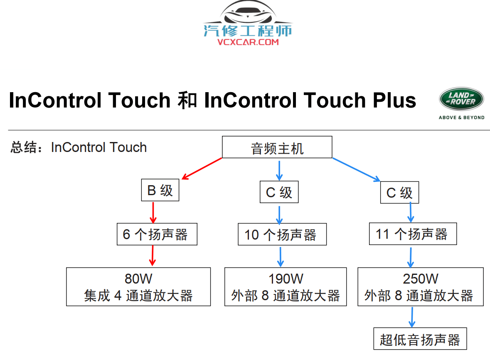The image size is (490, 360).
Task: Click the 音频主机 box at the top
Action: point(277,147)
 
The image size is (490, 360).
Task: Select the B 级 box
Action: point(160,191)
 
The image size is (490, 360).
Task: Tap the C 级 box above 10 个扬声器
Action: point(279,192)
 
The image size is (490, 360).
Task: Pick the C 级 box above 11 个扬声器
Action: point(399,193)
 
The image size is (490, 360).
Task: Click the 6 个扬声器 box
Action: point(157,235)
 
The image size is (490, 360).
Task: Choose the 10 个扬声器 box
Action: point(282,235)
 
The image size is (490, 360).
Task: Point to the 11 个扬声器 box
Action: point(413,234)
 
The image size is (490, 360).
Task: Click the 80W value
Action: point(138,278)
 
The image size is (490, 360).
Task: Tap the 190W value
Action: point(286,278)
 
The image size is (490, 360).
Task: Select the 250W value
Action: point(420,278)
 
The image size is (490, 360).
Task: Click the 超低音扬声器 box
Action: point(420,340)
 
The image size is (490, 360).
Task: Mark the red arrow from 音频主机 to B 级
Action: point(202,169)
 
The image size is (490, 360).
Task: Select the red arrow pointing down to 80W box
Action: point(153,255)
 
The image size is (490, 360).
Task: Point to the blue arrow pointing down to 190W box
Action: point(281,257)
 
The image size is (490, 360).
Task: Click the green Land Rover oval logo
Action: point(461,99)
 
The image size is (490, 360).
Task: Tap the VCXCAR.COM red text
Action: point(248,42)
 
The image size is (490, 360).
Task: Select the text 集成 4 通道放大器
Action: point(138,296)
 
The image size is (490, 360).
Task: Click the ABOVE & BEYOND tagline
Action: point(461,118)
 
